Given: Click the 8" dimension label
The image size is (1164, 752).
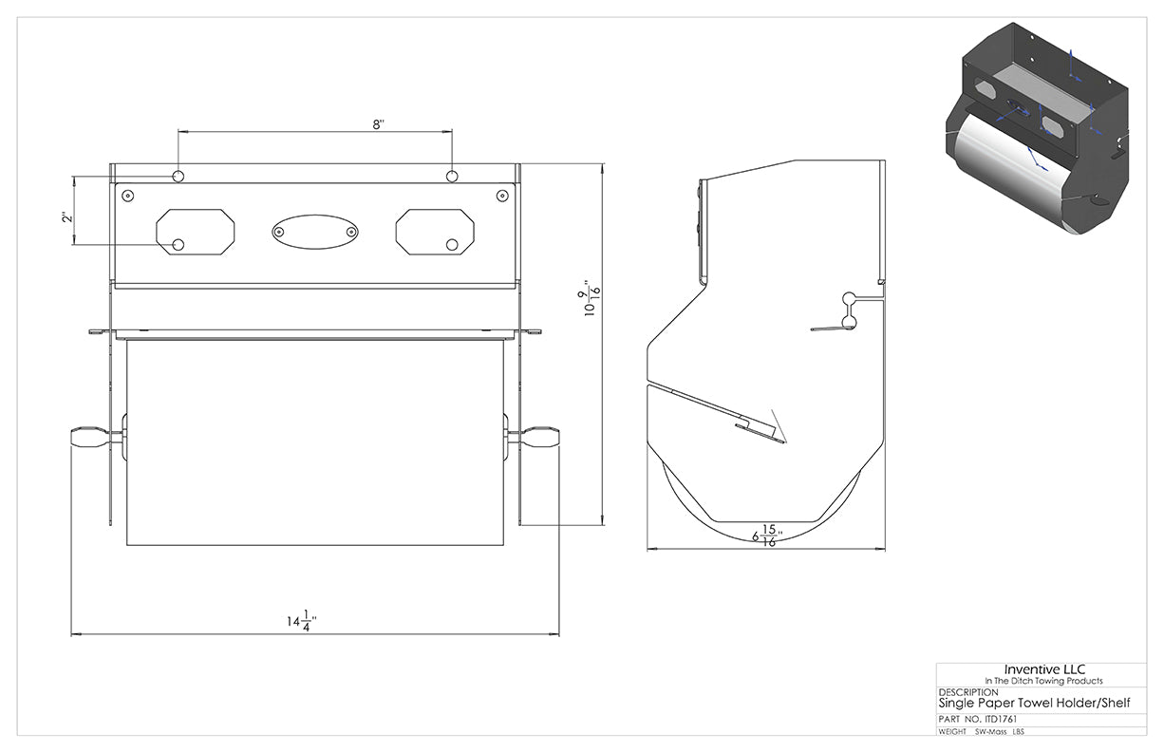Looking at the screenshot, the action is [x=378, y=124].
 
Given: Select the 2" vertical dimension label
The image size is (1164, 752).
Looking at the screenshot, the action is [x=66, y=216].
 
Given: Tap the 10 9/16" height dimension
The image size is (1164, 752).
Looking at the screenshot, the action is [x=590, y=298].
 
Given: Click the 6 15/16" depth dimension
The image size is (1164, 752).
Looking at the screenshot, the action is [x=767, y=536].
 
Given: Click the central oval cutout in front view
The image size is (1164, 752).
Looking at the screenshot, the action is [x=315, y=232].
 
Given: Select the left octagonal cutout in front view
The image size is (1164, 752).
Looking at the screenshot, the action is [x=196, y=232].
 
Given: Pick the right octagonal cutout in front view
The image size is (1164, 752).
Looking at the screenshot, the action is [x=435, y=232].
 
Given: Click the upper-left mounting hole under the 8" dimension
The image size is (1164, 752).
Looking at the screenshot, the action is [x=178, y=177].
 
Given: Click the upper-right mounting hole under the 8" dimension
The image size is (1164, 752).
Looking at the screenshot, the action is [x=452, y=177].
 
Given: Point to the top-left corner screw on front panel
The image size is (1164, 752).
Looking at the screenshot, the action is [x=128, y=196].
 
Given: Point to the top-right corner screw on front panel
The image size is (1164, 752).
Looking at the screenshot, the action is [x=502, y=196].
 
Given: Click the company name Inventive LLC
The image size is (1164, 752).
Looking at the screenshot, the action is [x=1044, y=669].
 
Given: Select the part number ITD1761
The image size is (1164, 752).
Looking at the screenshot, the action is [x=999, y=720].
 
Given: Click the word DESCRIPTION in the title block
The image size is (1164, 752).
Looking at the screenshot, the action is [x=968, y=692].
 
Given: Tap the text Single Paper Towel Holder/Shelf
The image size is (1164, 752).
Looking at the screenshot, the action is [x=1034, y=704].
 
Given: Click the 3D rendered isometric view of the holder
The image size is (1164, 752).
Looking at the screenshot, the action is [x=1037, y=128].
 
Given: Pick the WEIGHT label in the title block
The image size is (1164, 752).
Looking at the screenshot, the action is [x=952, y=732].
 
